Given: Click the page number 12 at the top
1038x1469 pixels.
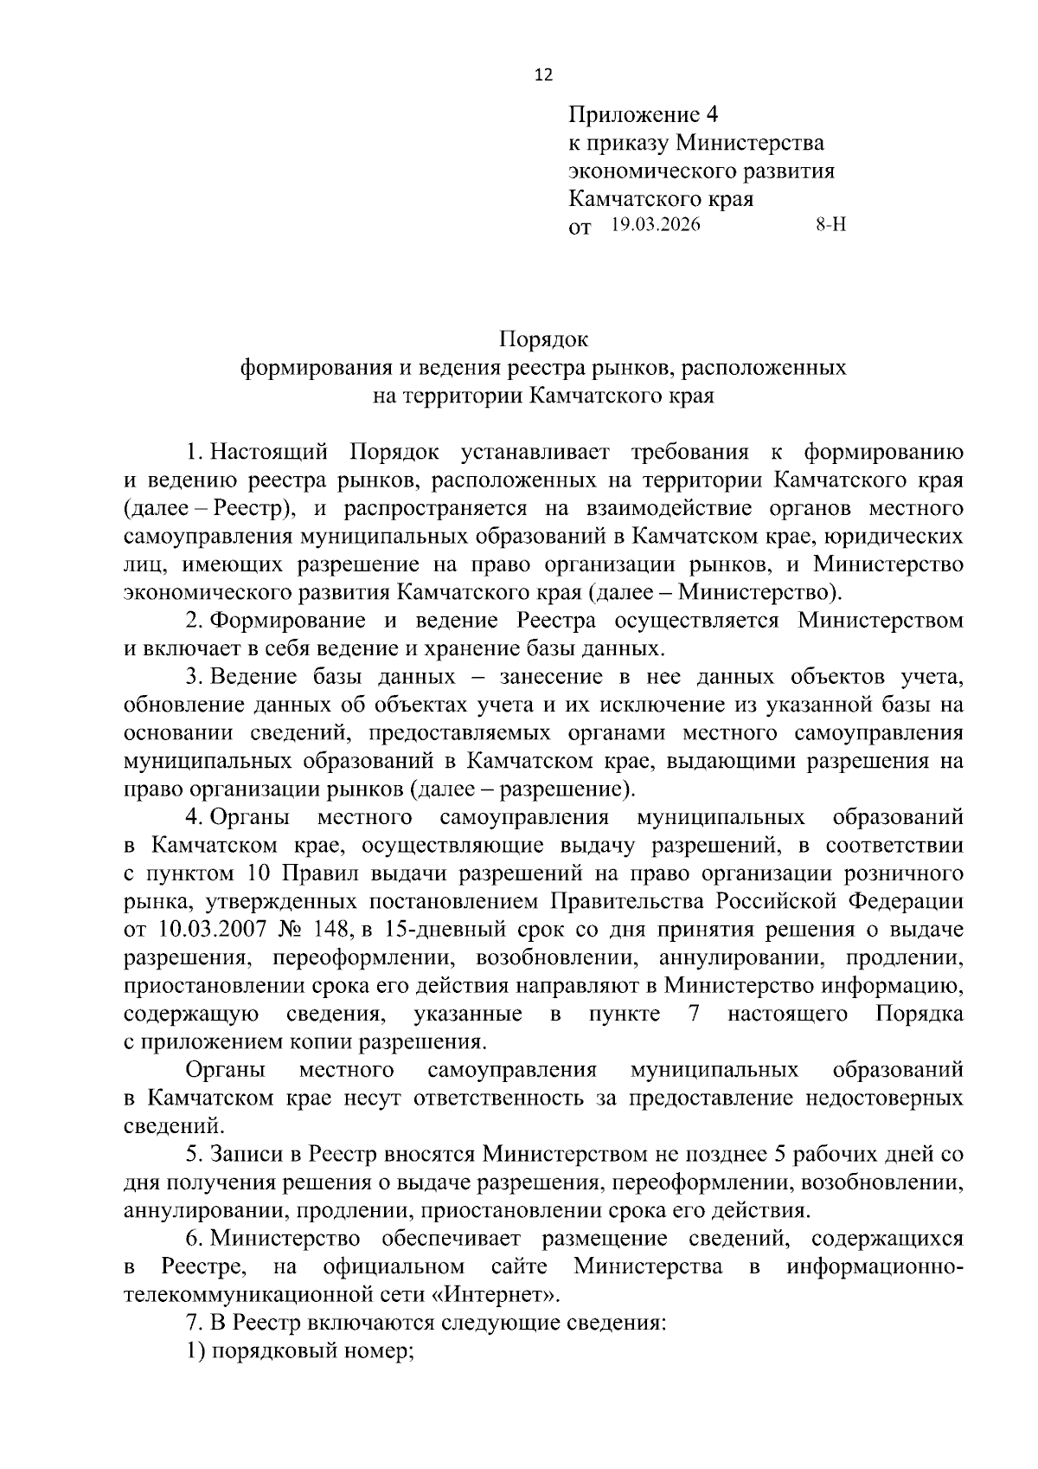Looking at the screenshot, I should click(x=543, y=74).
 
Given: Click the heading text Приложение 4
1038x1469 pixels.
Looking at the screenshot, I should click(x=644, y=114).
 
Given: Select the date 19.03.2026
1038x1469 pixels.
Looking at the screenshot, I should click(x=654, y=226).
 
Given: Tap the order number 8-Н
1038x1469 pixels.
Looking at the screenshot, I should click(x=831, y=226).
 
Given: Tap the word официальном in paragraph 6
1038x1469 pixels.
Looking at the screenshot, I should click(x=394, y=1267).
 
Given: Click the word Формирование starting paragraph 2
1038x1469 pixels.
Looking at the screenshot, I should click(x=282, y=621).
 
